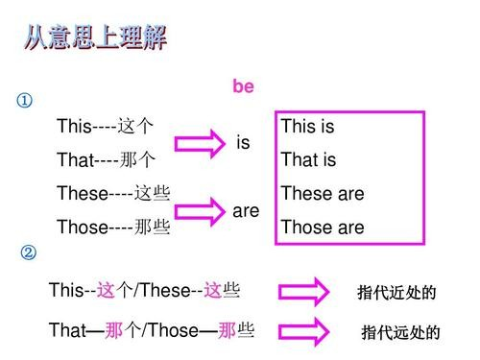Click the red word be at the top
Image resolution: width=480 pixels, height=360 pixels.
243,87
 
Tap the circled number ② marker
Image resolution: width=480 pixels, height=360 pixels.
29,253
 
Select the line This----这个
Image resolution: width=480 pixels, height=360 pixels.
105,127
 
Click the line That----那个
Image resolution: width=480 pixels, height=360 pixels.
105,159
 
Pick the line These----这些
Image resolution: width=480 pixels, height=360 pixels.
113,193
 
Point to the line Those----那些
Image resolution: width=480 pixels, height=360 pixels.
113,228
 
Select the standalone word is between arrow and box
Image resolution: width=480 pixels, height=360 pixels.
243,143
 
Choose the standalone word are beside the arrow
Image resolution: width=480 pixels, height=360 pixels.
246,209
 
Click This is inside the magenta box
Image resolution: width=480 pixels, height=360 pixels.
307,127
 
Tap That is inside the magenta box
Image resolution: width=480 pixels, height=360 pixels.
307,159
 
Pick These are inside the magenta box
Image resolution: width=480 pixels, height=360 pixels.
323,193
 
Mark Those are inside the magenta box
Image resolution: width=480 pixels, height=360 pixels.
323,228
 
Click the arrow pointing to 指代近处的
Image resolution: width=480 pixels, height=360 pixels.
303,292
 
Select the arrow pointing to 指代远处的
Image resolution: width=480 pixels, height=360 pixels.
303,331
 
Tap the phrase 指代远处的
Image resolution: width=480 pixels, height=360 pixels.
400,333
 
